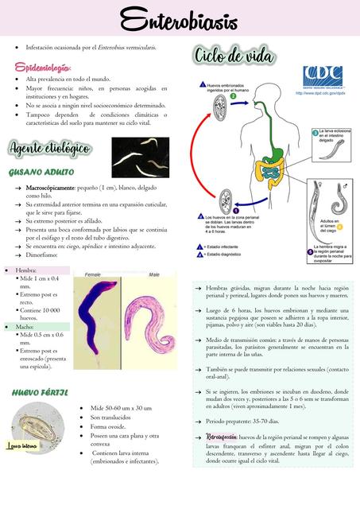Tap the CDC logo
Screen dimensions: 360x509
pos(322,78)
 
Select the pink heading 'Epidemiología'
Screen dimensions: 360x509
pos(43,68)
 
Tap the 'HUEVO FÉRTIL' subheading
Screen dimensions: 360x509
pos(40,393)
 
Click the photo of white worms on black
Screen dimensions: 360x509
pos(139,157)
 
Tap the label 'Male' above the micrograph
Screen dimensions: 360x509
pos(153,274)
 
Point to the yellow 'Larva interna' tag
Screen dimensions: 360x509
pos(21,447)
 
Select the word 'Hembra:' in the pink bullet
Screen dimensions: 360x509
pos(25,270)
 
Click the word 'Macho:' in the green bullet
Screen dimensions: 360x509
pos(25,326)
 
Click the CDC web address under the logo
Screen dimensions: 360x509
pos(320,93)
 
